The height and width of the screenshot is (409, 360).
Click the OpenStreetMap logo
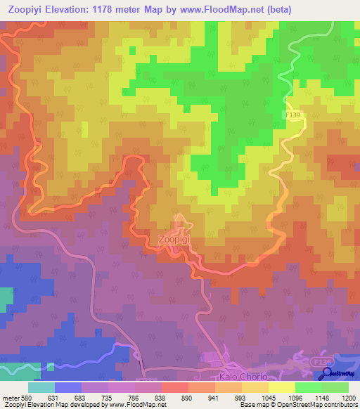pyautogui.click(x=340, y=373)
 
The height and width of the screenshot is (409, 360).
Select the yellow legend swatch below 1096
pyautogui.click(x=281, y=387)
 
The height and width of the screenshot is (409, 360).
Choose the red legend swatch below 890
pyautogui.click(x=174, y=387)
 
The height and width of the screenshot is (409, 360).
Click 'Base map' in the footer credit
pyautogui.click(x=252, y=405)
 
